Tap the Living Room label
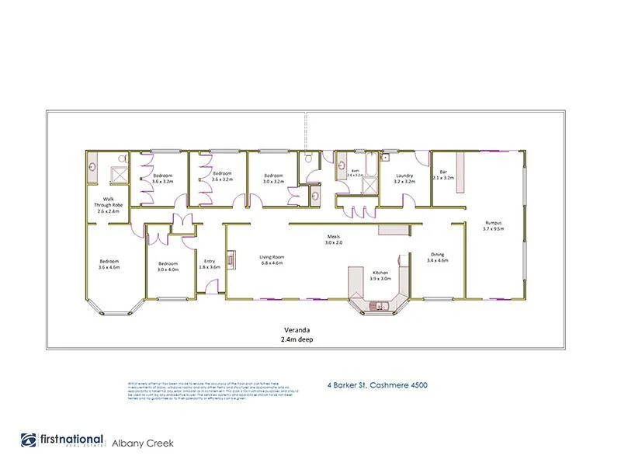pos(272,260)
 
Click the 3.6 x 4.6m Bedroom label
pos(109,264)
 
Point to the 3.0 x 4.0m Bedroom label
pos(168,266)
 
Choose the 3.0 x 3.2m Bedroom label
pos(273,178)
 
